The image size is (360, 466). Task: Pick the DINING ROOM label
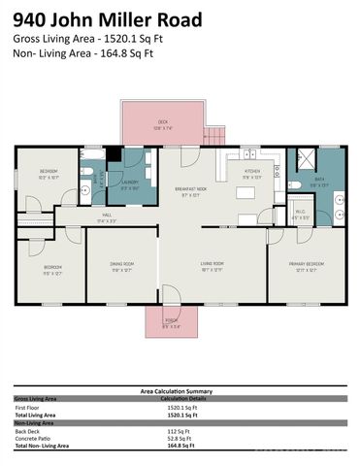[x=121, y=266]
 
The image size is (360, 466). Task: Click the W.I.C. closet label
[x=301, y=213]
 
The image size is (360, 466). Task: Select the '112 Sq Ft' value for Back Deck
[x=180, y=431]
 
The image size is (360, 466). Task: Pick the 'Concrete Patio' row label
[x=33, y=438]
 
